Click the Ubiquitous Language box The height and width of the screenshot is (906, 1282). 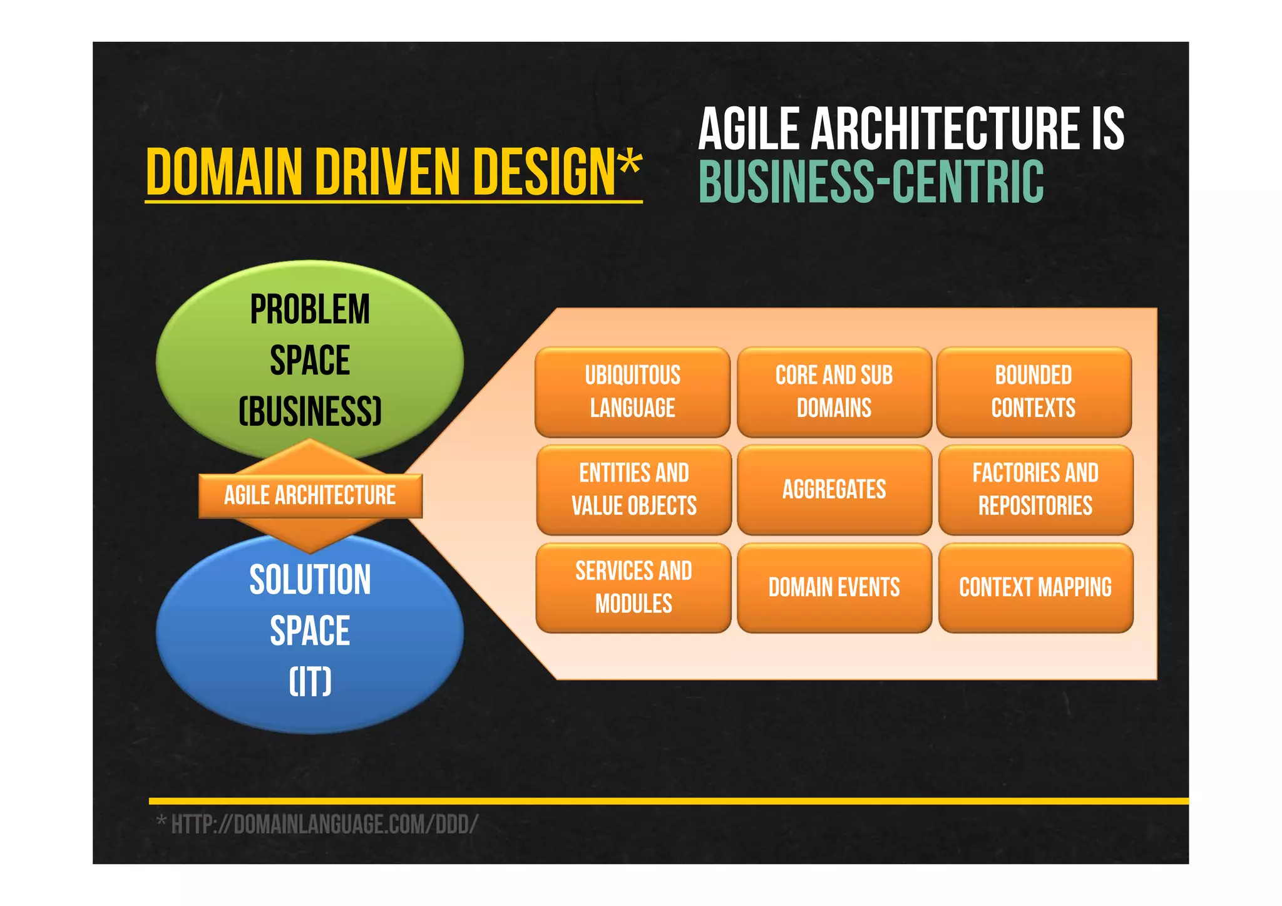[632, 392]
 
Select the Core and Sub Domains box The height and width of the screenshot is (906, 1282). [834, 392]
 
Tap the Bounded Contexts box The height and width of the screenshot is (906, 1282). [1033, 392]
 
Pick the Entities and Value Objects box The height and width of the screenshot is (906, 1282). [633, 490]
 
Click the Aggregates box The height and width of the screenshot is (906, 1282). [834, 490]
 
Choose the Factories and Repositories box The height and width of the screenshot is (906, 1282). [1035, 490]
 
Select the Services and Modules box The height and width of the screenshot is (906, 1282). [633, 587]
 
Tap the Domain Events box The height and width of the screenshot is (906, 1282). [834, 587]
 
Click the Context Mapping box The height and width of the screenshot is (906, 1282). [1035, 587]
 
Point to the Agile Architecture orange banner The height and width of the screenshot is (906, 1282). [310, 496]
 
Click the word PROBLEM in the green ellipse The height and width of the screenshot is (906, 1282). [310, 309]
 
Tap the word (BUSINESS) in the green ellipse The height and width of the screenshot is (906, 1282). [310, 411]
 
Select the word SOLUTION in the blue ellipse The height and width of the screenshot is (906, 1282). [310, 580]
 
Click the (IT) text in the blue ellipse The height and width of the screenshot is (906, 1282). [310, 681]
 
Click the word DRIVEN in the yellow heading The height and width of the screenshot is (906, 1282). [388, 172]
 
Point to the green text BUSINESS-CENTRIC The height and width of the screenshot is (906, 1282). [871, 182]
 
